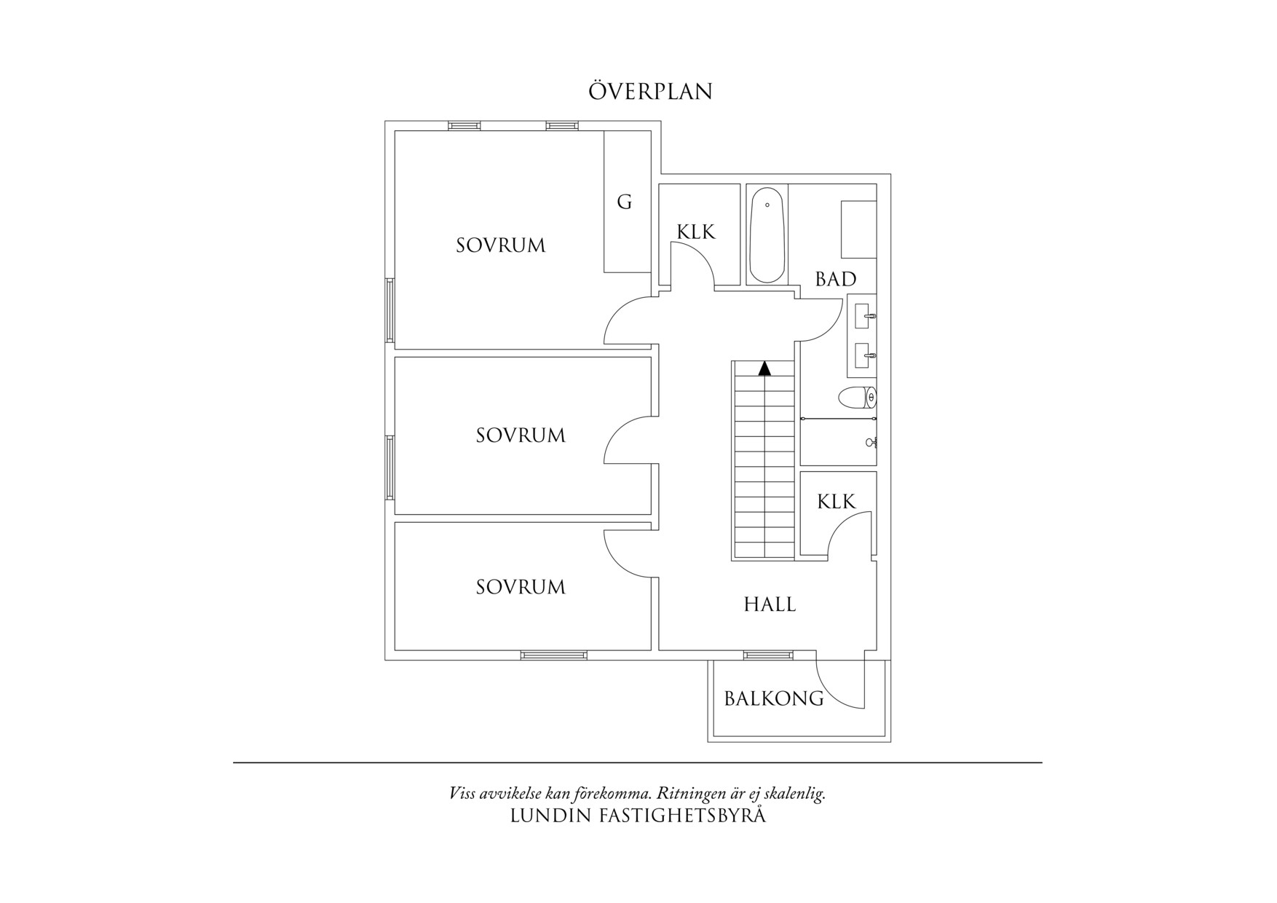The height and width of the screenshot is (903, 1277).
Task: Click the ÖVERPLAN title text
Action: click(649, 92)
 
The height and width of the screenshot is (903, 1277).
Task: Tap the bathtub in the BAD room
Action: click(767, 235)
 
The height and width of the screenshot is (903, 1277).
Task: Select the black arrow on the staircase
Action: click(764, 368)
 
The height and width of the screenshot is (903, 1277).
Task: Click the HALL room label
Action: click(770, 604)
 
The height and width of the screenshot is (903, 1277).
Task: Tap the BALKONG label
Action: click(773, 699)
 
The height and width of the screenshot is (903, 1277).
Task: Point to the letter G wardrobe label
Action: click(624, 202)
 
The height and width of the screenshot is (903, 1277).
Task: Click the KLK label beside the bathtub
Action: click(696, 232)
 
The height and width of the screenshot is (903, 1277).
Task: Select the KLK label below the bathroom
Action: click(836, 502)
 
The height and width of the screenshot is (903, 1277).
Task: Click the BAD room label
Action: click(835, 279)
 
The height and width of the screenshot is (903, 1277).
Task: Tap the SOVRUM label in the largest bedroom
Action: click(500, 245)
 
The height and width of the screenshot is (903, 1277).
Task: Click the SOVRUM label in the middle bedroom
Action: click(521, 435)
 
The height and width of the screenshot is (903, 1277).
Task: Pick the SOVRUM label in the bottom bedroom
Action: click(521, 587)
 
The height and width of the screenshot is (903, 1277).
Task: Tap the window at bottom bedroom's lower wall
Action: click(553, 655)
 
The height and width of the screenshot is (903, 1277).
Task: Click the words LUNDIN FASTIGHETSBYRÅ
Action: click(638, 816)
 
